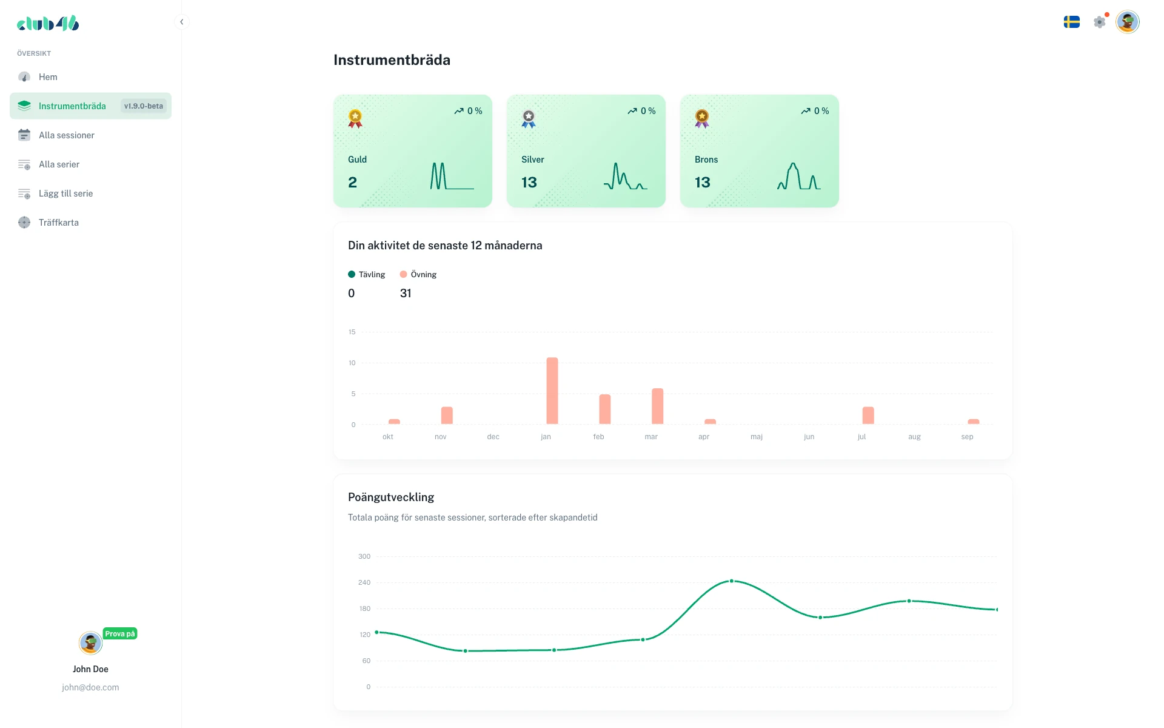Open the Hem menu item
(48, 77)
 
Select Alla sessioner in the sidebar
(67, 135)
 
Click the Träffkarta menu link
(59, 223)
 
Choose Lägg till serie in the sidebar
(65, 194)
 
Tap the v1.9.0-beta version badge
(144, 106)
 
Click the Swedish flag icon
(1071, 22)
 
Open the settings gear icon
(1099, 22)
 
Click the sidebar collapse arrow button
(181, 22)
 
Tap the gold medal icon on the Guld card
(355, 118)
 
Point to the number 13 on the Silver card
(529, 183)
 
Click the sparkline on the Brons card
(799, 177)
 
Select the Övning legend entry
(418, 275)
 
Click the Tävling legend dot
(352, 275)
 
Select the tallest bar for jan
(552, 391)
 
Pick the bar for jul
(868, 416)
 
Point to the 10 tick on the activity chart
(352, 363)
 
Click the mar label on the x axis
(651, 437)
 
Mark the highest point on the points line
(732, 581)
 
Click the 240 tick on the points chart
(364, 582)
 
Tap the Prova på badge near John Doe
(120, 634)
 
